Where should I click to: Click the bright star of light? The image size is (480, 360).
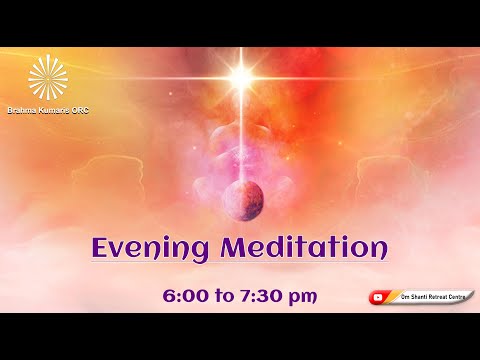click(241, 75)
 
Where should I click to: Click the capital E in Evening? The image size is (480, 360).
click(102, 248)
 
